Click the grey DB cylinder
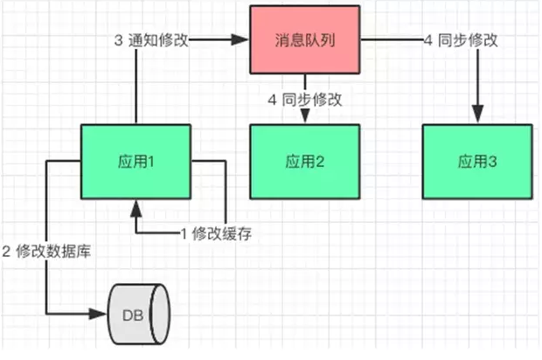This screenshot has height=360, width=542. (x=138, y=313)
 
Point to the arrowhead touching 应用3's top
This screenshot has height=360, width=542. (x=477, y=118)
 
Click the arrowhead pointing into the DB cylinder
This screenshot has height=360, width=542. (x=101, y=313)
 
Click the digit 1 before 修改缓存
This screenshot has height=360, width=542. (x=184, y=233)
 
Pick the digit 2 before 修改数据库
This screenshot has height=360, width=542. (x=6, y=252)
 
